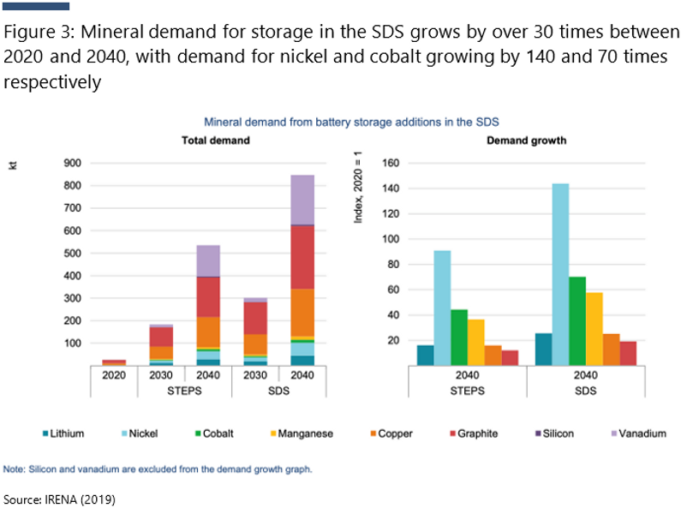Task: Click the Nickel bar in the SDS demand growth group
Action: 560,274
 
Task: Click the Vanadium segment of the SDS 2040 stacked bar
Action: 302,200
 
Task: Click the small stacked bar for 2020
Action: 114,362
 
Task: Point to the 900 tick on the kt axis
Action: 73,163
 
